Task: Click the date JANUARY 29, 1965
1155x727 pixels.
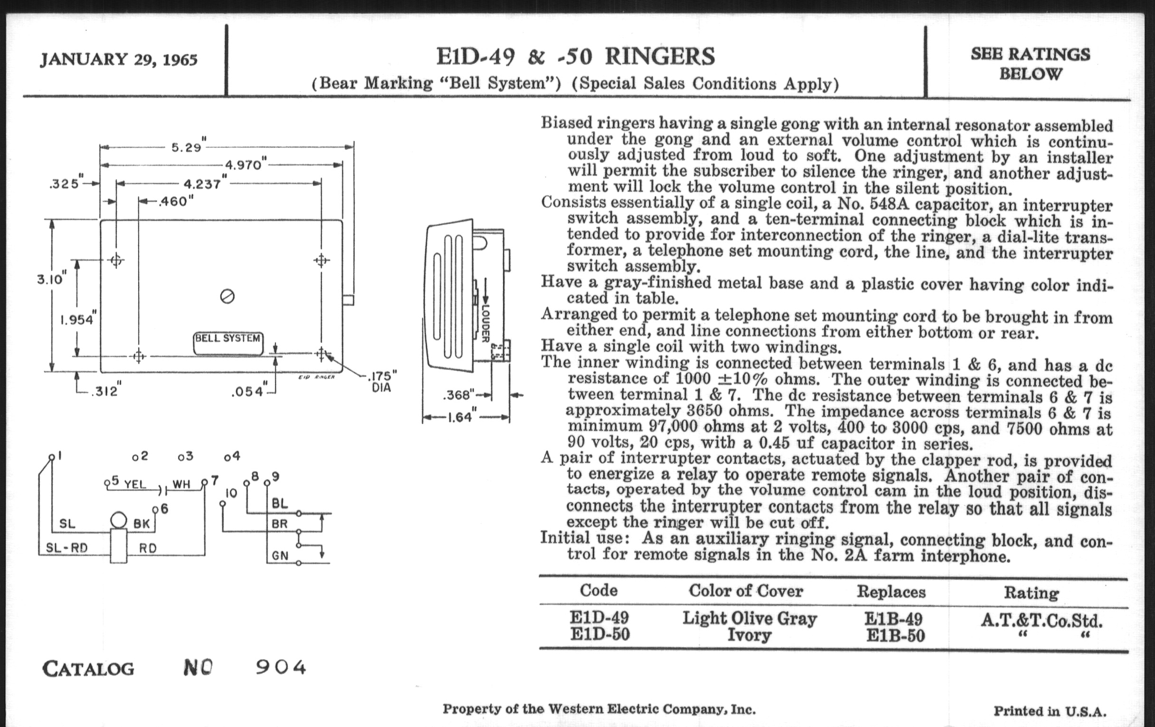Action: tap(118, 60)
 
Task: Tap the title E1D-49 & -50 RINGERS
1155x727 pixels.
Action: tap(575, 57)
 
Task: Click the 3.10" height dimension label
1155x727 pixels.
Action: tap(51, 279)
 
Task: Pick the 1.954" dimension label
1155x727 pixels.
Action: tap(78, 319)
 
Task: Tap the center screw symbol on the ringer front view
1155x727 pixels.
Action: tap(227, 297)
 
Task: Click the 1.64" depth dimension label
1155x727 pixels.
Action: tap(461, 417)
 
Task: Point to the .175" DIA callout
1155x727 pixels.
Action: tap(382, 382)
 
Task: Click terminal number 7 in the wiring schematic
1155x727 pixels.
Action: tap(214, 480)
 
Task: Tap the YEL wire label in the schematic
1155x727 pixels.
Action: tap(135, 484)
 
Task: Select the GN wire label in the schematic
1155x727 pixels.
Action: tap(280, 555)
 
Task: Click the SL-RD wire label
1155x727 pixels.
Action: tap(66, 547)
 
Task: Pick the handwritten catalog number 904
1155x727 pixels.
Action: tap(281, 667)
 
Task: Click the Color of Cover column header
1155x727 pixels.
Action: tap(746, 591)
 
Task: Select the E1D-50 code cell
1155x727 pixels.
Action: tap(599, 634)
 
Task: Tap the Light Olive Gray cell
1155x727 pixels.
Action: tap(750, 618)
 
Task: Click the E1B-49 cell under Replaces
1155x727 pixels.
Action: tap(893, 619)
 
